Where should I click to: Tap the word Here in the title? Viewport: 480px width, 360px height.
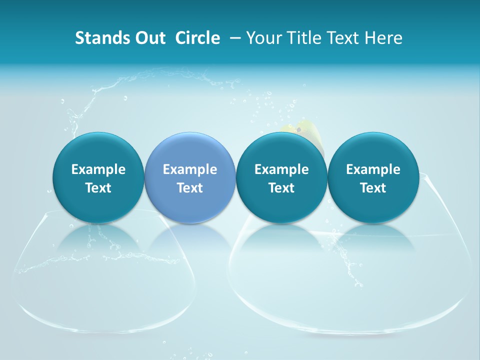[383, 38]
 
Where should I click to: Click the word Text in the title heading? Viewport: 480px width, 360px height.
[344, 38]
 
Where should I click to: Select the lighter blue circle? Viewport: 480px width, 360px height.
[190, 177]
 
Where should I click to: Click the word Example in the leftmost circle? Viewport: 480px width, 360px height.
[98, 169]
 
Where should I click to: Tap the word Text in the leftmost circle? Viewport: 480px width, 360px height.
[98, 188]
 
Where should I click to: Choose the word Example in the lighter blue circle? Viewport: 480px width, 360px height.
[190, 169]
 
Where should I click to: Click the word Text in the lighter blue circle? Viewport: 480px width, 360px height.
[190, 188]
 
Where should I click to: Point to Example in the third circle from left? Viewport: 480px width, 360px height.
[281, 169]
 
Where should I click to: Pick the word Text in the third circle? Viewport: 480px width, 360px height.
[281, 188]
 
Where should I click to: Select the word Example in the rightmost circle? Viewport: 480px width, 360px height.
[373, 169]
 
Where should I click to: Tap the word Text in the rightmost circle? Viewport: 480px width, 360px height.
[373, 188]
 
